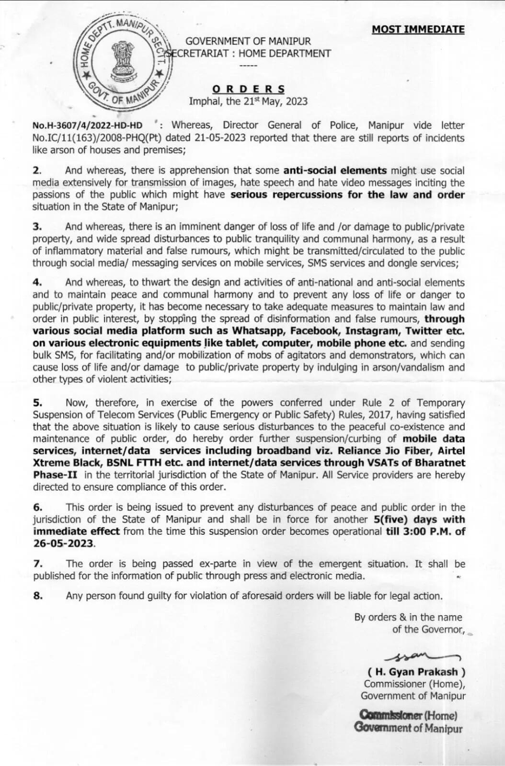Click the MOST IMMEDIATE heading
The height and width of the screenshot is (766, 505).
click(x=418, y=29)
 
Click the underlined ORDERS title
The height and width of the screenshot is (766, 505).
click(x=248, y=89)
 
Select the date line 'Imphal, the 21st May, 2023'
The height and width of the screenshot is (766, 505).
click(x=248, y=101)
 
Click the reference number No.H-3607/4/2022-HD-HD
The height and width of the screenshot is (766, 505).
click(x=87, y=125)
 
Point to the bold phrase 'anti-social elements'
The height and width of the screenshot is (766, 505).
click(x=335, y=170)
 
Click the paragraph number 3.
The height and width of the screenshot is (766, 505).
click(x=37, y=226)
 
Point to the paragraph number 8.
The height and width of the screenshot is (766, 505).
click(x=37, y=596)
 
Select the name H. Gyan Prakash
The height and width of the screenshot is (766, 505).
click(x=416, y=672)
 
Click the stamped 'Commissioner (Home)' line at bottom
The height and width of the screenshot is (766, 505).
click(x=408, y=715)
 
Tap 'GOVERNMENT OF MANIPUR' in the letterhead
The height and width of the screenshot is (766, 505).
click(x=248, y=42)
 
